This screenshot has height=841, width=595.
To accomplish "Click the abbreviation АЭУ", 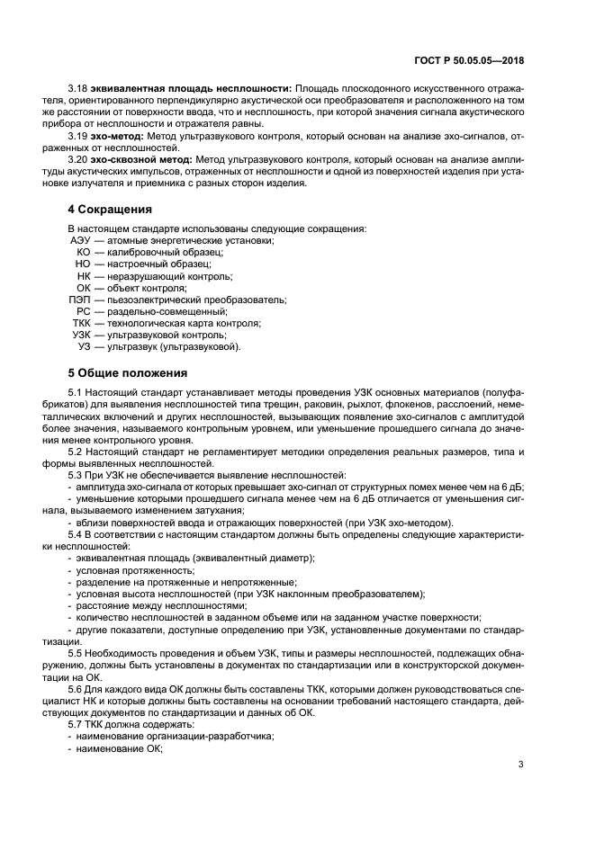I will (x=81, y=241).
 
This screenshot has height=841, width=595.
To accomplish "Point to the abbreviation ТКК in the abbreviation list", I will (x=81, y=323).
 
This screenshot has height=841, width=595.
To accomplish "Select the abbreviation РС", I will (x=84, y=311).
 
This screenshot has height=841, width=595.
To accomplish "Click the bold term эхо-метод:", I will (x=117, y=137).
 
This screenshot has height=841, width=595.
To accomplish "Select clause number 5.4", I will (x=76, y=534).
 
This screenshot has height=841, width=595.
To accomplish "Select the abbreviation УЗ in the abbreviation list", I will (x=85, y=346).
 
